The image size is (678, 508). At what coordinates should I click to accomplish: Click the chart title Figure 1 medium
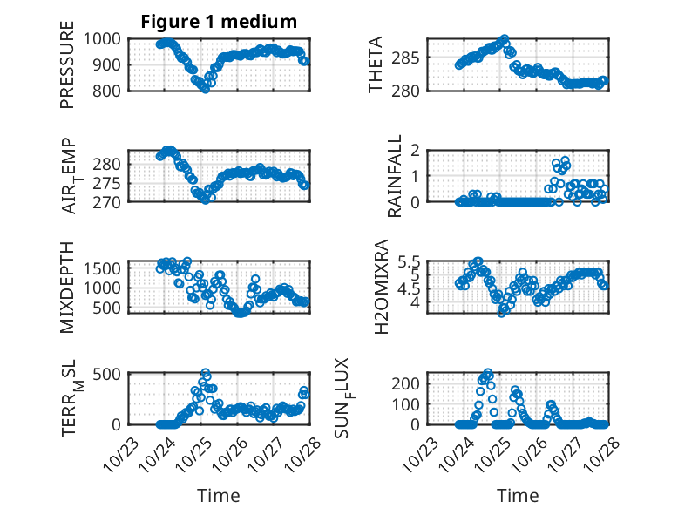tap(219, 22)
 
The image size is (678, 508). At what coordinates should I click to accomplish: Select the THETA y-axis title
tap(376, 65)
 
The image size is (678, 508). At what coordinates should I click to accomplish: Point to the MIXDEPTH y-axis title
tap(67, 286)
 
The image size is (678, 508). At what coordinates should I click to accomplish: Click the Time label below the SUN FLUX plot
tap(518, 495)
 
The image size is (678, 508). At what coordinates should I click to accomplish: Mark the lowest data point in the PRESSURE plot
tap(206, 88)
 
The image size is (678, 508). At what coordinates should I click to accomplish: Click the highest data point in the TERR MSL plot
tap(206, 373)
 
